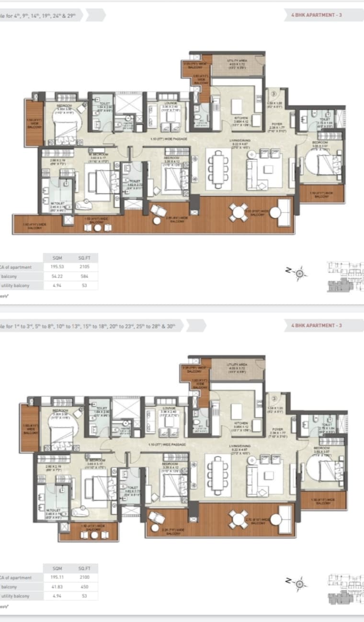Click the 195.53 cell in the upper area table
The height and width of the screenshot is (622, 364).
click(57, 267)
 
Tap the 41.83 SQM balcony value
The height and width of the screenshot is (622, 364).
click(57, 587)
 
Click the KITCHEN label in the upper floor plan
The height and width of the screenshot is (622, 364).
click(240, 117)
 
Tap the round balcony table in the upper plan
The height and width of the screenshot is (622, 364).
click(238, 212)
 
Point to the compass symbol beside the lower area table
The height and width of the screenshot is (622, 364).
click(300, 583)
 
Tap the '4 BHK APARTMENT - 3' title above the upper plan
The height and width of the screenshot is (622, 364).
click(317, 15)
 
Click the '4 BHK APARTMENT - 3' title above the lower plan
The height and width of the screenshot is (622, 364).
click(317, 325)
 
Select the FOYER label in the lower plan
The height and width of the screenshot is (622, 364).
click(278, 429)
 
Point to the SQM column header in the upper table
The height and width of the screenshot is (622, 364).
click(57, 258)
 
